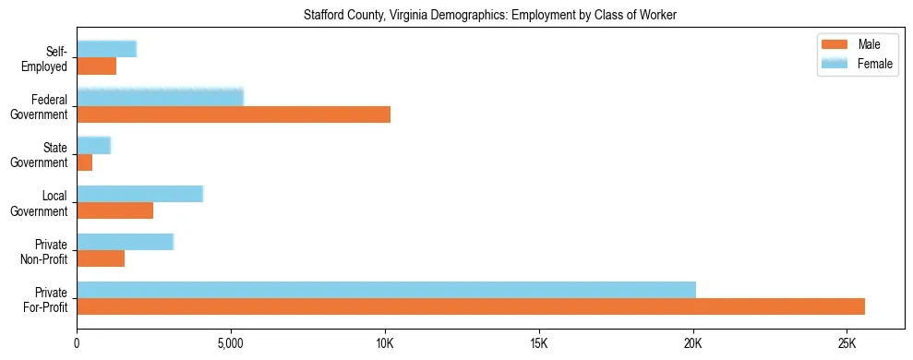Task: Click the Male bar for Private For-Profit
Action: tap(471, 306)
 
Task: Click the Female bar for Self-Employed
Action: tap(106, 49)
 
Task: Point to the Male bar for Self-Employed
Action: tap(96, 66)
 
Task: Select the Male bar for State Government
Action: tap(84, 162)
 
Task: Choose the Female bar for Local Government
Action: tap(139, 194)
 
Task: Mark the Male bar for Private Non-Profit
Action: tap(101, 258)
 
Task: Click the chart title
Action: tap(491, 15)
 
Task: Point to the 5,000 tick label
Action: tap(231, 343)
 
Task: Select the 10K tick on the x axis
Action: tap(385, 343)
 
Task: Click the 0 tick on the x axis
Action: tap(77, 343)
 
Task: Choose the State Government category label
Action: tap(44, 155)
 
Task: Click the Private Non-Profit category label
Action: tap(47, 251)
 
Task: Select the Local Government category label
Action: tap(44, 203)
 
